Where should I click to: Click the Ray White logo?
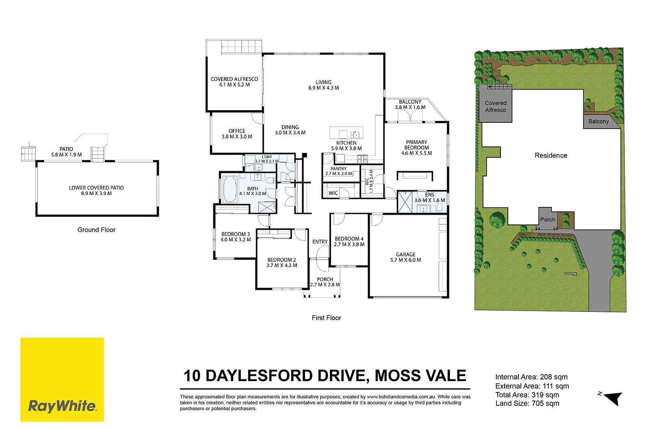(x=62, y=379)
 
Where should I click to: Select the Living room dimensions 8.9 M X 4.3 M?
(x=323, y=88)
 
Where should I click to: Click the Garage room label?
(x=406, y=254)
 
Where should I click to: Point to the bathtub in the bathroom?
(x=230, y=189)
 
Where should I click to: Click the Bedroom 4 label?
(x=349, y=239)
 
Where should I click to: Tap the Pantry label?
(x=339, y=168)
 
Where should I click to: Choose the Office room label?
(x=237, y=131)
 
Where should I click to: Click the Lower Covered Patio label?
(x=96, y=188)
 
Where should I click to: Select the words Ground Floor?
(x=96, y=230)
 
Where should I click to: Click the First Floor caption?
(x=327, y=318)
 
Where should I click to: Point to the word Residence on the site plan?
(x=551, y=155)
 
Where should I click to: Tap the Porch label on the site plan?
(x=548, y=220)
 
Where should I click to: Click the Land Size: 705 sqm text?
(x=527, y=403)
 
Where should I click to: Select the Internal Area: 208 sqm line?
(x=531, y=377)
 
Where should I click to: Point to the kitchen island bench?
(x=346, y=133)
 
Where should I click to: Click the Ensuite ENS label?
(x=429, y=195)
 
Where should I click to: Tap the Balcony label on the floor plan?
(x=410, y=102)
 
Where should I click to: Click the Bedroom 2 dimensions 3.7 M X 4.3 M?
(x=282, y=265)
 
